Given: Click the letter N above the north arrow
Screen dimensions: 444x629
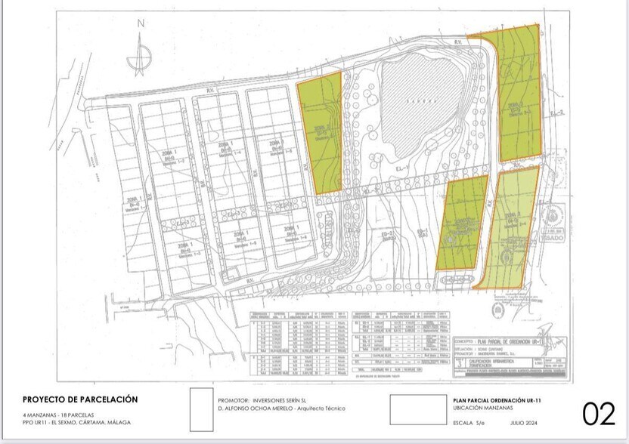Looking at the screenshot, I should [x=140, y=23].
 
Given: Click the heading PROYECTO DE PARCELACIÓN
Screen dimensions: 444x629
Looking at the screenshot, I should [x=80, y=399].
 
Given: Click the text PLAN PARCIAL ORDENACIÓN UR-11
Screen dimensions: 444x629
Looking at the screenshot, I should [x=497, y=399].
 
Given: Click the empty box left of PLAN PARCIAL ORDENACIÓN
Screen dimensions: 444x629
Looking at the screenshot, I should [x=418, y=409].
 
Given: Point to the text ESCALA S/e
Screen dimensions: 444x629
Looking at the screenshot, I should [x=471, y=424].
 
